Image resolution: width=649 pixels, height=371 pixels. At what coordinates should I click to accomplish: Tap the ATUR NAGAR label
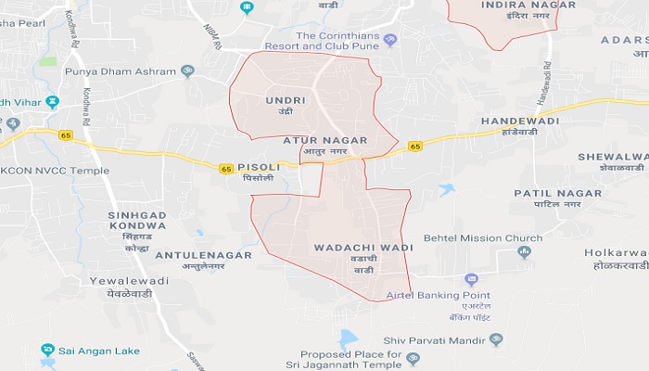pos(324,140)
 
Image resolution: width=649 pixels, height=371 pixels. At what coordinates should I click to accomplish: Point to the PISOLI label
pos(258,168)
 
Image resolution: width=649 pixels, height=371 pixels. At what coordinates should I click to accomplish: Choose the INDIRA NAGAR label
pos(516,6)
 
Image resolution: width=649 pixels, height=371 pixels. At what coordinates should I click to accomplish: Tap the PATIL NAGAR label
pos(557,193)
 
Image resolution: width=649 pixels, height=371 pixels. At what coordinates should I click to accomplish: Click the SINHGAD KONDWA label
pos(137,221)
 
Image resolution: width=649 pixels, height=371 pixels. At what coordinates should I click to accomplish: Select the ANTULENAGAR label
pos(191,253)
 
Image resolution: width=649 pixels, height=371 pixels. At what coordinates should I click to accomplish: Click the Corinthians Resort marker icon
pos(390,40)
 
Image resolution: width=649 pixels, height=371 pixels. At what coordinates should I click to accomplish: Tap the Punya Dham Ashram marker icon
pos(187,70)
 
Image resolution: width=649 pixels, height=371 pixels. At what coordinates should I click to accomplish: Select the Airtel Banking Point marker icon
pos(471,279)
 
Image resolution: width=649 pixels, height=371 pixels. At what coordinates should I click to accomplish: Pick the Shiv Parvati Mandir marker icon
pos(495,339)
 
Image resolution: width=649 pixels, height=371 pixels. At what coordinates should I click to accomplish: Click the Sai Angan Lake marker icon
pos(48,350)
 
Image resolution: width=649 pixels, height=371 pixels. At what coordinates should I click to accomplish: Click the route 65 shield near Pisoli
pos(226,169)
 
